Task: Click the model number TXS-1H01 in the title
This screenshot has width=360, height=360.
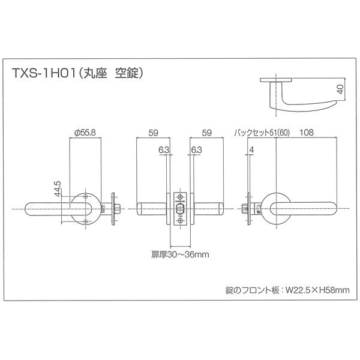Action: pos(44,73)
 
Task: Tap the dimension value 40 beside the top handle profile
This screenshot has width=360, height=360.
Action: pos(341,89)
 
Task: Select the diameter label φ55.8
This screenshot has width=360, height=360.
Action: pos(85,133)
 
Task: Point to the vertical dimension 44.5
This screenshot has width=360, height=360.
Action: pos(58,189)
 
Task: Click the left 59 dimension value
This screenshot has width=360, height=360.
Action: pos(153,133)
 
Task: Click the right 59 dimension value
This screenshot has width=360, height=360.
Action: pos(206,133)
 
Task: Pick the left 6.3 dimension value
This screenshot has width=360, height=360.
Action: pos(164,150)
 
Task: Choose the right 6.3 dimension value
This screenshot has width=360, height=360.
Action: pos(196,150)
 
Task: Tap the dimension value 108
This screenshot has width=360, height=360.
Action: pos(307,133)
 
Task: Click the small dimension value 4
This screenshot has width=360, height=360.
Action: pos(252,150)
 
